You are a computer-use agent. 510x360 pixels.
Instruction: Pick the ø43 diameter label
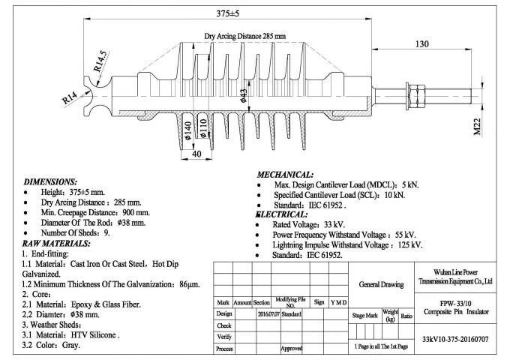[x=243, y=95]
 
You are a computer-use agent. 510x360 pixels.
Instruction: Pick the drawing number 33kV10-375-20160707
[x=456, y=339]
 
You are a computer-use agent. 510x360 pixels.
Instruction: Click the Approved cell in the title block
[x=292, y=349]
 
